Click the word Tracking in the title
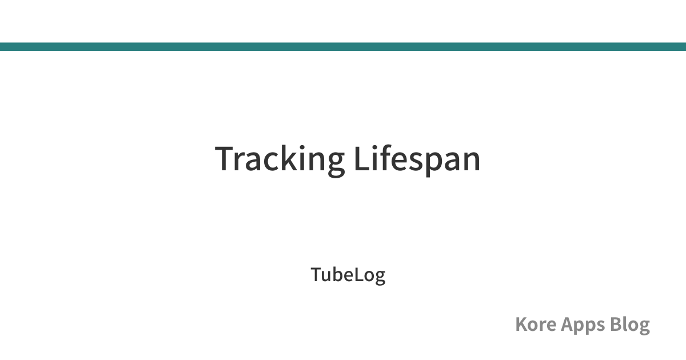coord(280,160)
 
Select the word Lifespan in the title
coord(417,160)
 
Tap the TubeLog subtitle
coord(348,275)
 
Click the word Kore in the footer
coord(536,324)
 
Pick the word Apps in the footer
coord(583,325)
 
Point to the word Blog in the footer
coord(629,325)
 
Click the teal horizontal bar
coord(343,46)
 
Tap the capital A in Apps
coord(568,324)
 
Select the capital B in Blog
coord(616,324)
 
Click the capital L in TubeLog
coord(359,275)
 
